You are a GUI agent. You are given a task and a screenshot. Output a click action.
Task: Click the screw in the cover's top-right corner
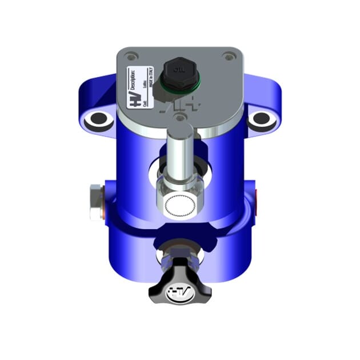(x=229, y=56)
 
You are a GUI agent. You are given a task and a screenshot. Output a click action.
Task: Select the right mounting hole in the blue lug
(x=261, y=119)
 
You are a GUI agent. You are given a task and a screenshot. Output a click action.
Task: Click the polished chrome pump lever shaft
(x=180, y=152)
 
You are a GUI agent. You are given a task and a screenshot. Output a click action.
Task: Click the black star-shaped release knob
(x=179, y=285)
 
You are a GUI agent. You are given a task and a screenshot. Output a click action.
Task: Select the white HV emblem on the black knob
(x=179, y=293)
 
